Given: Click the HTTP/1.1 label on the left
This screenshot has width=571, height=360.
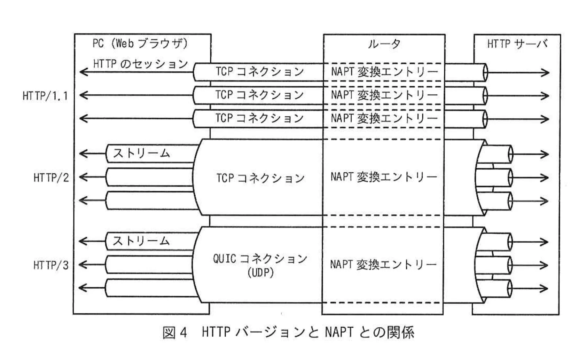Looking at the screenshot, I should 45,95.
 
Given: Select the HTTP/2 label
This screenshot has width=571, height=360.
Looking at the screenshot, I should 51,178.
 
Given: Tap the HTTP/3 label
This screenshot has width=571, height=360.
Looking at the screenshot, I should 51,265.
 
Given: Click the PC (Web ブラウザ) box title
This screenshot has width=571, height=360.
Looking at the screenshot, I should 140,44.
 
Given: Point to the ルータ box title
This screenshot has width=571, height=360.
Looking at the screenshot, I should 384,44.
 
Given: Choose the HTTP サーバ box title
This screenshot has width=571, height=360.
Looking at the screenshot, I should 517,44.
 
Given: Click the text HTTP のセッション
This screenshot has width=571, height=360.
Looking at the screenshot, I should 141,64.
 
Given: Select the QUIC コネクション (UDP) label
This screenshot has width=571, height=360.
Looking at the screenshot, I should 260,265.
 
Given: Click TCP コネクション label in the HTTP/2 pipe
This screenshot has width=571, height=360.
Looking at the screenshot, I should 260,178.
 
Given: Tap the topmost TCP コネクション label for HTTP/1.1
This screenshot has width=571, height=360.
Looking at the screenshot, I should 260,72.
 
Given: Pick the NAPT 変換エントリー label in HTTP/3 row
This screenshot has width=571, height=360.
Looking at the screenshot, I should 383,265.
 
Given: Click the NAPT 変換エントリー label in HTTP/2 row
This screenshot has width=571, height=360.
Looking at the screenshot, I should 383,177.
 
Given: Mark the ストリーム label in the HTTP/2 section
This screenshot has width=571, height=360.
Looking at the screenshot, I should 141,153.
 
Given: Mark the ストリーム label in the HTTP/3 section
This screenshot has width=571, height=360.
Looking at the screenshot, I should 141,241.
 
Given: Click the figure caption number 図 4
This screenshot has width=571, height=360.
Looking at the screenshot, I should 175,332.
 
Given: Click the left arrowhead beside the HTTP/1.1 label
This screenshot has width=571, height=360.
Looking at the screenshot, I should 82,95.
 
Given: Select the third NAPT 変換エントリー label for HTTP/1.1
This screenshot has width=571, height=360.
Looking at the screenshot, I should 384,118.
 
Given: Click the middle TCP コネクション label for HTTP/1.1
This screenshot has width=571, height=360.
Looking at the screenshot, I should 260,95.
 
